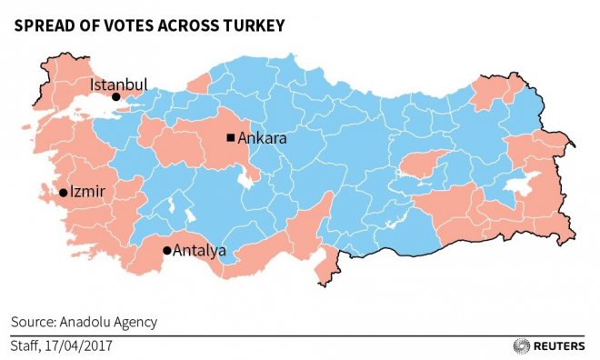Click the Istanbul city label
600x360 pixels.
coord(118,85)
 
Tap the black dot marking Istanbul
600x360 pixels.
coord(115,96)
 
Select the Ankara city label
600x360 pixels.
coord(264,139)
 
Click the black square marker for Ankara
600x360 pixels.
coord(231,138)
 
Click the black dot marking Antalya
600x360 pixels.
coord(166,250)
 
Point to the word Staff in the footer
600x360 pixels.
coord(26,345)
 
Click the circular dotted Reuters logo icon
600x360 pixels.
coord(521,345)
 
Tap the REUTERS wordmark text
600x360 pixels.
coord(560,345)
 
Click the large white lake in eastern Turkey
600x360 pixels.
coord(522,187)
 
